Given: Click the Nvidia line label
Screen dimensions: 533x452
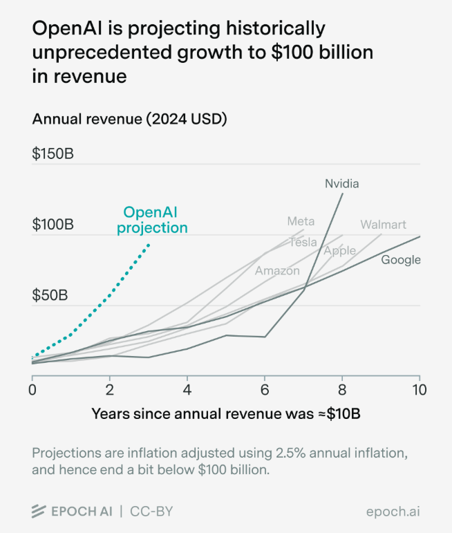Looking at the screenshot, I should (342, 183).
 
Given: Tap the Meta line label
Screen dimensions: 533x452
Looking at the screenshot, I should (301, 221).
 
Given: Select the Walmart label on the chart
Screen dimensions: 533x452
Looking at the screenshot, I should (383, 225).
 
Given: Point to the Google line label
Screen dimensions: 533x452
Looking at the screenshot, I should (401, 260).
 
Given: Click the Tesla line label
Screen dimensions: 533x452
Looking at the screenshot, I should (303, 242).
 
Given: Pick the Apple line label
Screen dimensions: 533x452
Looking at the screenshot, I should (339, 250).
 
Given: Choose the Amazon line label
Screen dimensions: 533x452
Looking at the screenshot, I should (277, 270).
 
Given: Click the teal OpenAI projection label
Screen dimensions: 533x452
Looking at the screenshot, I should (152, 220).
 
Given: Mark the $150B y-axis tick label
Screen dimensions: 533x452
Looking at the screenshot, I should (53, 153).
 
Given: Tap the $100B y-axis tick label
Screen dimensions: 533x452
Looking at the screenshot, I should (53, 225).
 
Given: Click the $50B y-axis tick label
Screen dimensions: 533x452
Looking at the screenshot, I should (49, 296).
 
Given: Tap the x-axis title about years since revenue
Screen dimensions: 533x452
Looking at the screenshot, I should (227, 414).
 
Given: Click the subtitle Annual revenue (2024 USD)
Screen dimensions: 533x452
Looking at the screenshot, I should (130, 119).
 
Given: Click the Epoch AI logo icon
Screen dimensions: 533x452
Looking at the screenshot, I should (39, 512).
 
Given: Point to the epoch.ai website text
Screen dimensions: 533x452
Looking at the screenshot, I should (393, 512).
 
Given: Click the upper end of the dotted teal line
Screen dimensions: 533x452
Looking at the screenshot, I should (149, 244).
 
